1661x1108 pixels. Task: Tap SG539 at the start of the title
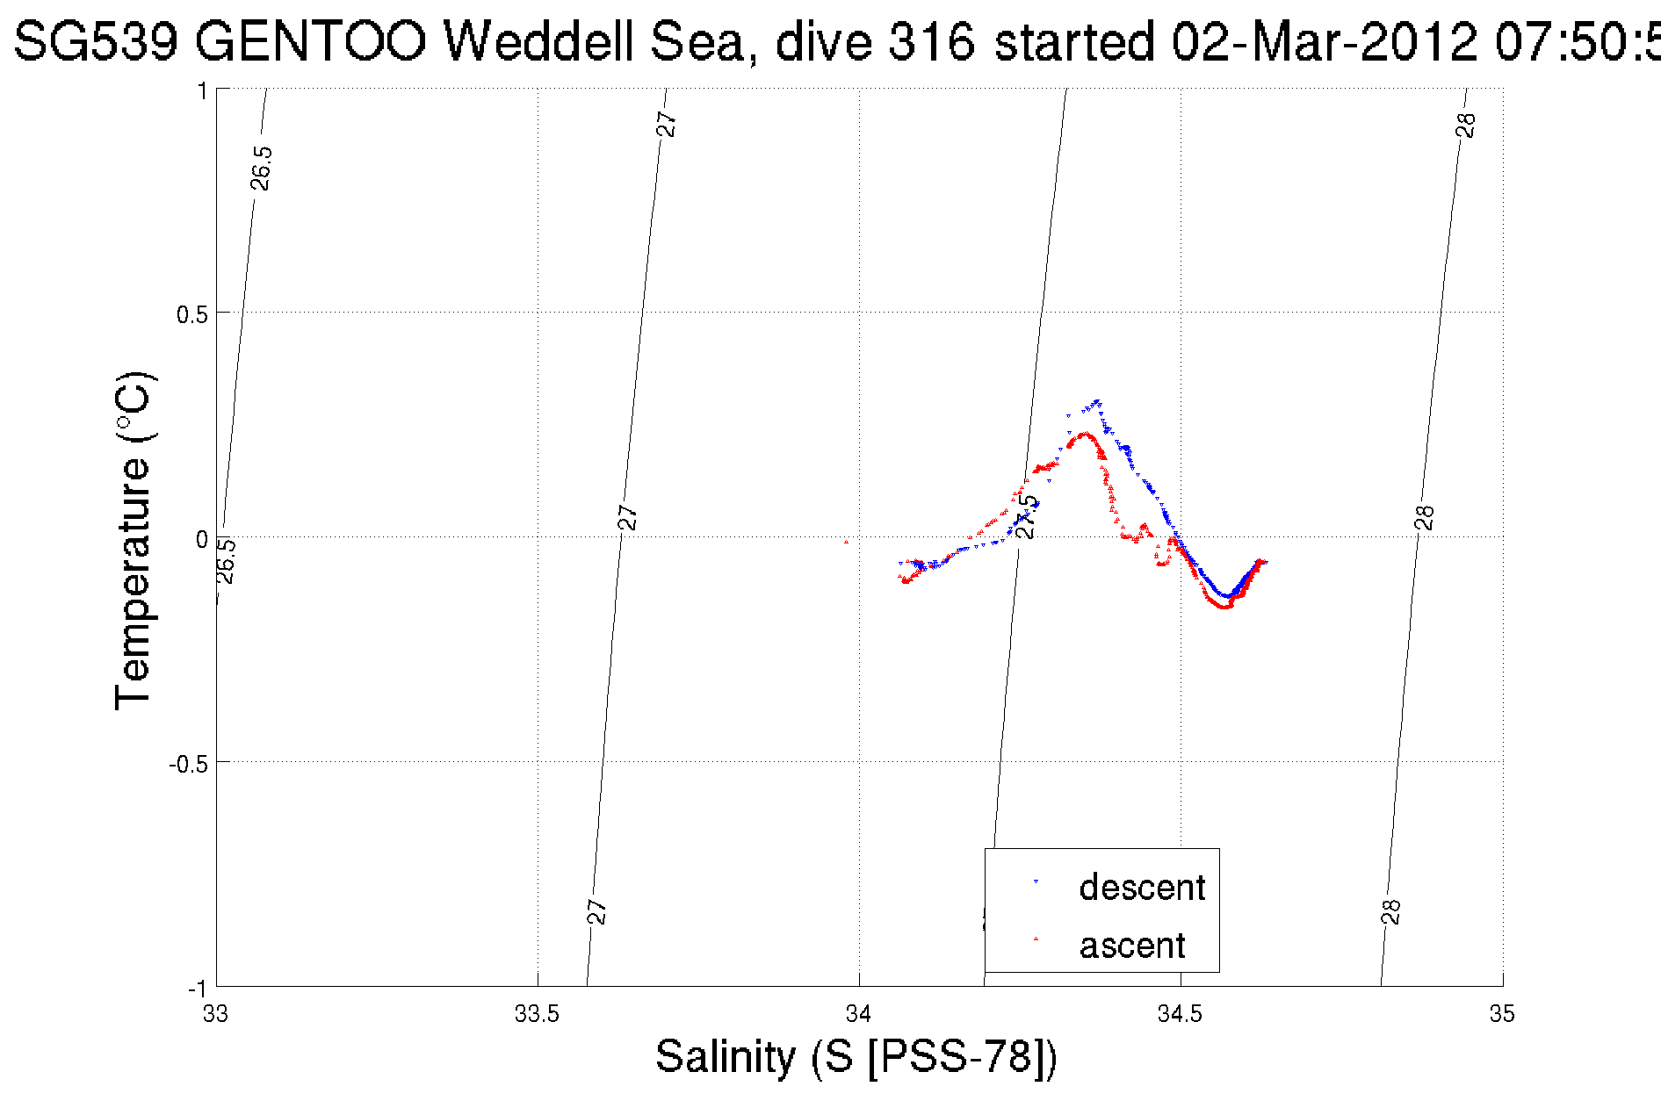pos(97,41)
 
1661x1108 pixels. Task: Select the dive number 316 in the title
pos(931,41)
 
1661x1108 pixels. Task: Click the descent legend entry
pos(1141,887)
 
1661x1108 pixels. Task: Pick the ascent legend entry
pos(1131,945)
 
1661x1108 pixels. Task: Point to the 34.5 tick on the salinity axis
pos(1180,1014)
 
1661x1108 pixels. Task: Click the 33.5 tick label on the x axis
pos(537,1014)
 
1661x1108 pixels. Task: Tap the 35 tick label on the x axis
pos(1502,1014)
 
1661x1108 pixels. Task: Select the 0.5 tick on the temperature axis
pos(191,314)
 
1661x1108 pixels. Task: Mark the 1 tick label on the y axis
pos(202,91)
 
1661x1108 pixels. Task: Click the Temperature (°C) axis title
pos(134,540)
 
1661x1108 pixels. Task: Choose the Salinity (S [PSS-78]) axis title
pos(856,1055)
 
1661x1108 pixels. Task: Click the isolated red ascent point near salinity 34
pos(846,542)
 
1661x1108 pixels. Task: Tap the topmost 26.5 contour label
pos(261,168)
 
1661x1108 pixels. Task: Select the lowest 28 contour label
pos(1390,912)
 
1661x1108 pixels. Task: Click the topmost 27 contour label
pos(668,124)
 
